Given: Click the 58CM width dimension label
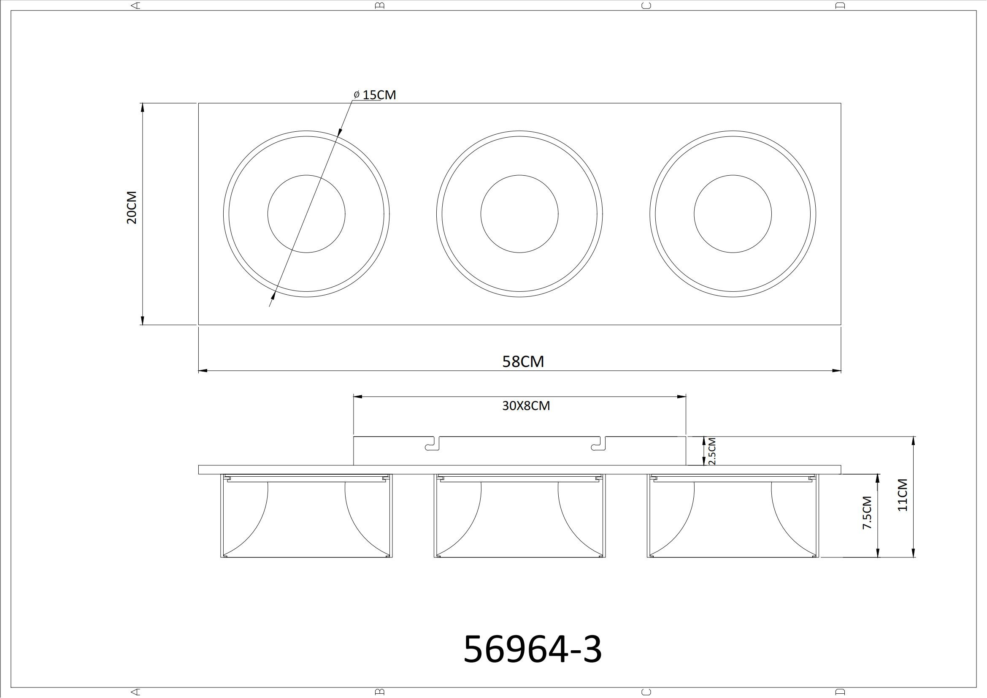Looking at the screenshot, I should point(523,362).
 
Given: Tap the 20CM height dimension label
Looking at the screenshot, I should point(132,207).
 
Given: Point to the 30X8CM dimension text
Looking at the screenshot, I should point(526,405).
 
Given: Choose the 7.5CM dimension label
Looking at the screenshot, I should point(868,513).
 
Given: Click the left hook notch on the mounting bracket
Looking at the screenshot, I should point(433,444).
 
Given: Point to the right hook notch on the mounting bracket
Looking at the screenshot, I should point(598,444).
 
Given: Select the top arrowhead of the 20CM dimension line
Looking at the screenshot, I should point(142,108).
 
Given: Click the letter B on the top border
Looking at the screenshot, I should point(380,5).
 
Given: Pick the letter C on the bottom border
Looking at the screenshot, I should point(646,692).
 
